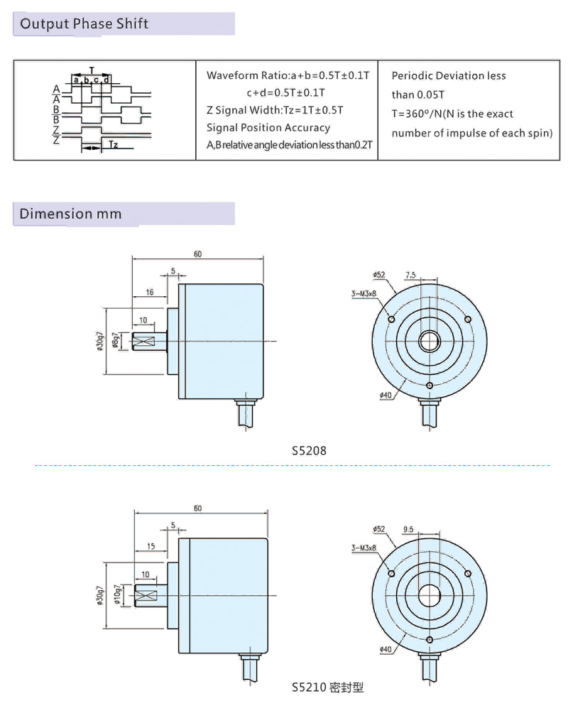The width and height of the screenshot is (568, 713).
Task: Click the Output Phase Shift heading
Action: (x=84, y=24)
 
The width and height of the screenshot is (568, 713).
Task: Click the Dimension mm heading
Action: (x=70, y=214)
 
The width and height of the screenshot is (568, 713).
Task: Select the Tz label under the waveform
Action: (x=113, y=146)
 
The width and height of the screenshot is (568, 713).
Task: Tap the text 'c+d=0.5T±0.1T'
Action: (x=286, y=93)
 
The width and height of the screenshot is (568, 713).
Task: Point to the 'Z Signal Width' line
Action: (x=275, y=110)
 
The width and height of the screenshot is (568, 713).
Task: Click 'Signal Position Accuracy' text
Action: (x=268, y=128)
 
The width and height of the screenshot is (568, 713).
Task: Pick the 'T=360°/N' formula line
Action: (x=452, y=114)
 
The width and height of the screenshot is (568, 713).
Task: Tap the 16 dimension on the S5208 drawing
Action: (x=150, y=292)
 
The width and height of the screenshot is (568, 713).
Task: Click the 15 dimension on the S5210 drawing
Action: (x=150, y=546)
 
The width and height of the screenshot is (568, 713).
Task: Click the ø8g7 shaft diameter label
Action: (x=116, y=342)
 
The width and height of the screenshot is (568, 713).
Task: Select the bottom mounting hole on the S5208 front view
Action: (x=430, y=386)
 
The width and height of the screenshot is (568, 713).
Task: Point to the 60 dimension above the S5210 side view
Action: (x=197, y=508)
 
